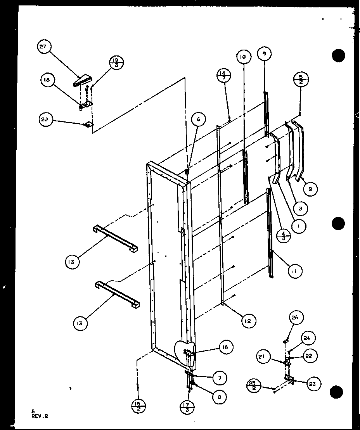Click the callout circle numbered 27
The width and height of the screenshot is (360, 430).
[43, 47]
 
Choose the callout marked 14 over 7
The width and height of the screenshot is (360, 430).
[225, 75]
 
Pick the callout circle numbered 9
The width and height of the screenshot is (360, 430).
[264, 54]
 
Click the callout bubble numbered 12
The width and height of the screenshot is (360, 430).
[247, 321]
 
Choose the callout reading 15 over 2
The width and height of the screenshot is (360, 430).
[138, 407]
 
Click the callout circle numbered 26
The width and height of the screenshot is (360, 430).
[296, 318]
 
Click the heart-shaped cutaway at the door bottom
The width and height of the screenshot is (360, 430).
[185, 351]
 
